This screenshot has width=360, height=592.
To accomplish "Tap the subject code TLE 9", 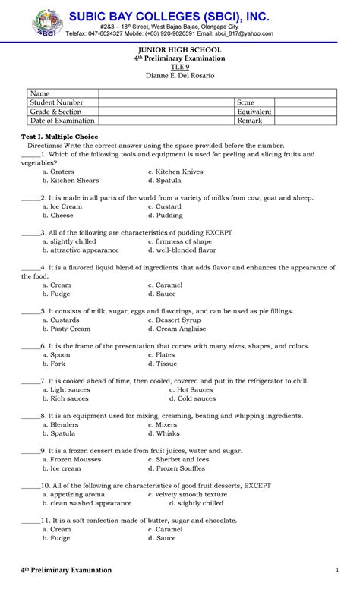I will click(x=180, y=67).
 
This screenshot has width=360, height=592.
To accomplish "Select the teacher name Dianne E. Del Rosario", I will click(x=180, y=76).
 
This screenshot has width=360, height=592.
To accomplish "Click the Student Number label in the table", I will click(x=57, y=102).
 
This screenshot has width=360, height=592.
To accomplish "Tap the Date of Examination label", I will click(x=62, y=121).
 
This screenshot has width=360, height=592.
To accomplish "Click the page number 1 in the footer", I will click(x=336, y=569).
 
